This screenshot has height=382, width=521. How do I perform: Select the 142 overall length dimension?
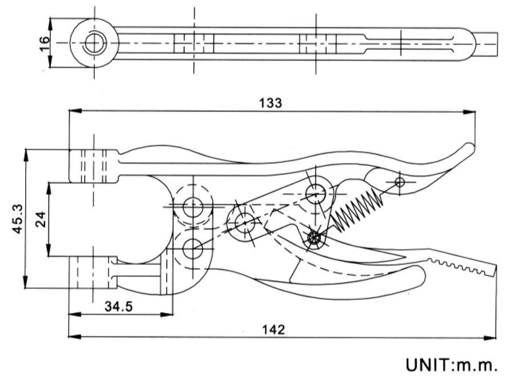[x=274, y=329]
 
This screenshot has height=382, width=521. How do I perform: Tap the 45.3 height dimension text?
[x=17, y=218]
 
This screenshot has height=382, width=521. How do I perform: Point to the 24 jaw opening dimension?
[x=41, y=219]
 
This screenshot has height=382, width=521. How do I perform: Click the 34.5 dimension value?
[x=118, y=307]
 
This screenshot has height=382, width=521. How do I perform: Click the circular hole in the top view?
[x=93, y=43]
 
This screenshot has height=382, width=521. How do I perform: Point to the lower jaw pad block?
[x=92, y=273]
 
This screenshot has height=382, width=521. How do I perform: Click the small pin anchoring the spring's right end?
[x=400, y=182]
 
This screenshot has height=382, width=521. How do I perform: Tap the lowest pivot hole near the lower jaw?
[x=193, y=248]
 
